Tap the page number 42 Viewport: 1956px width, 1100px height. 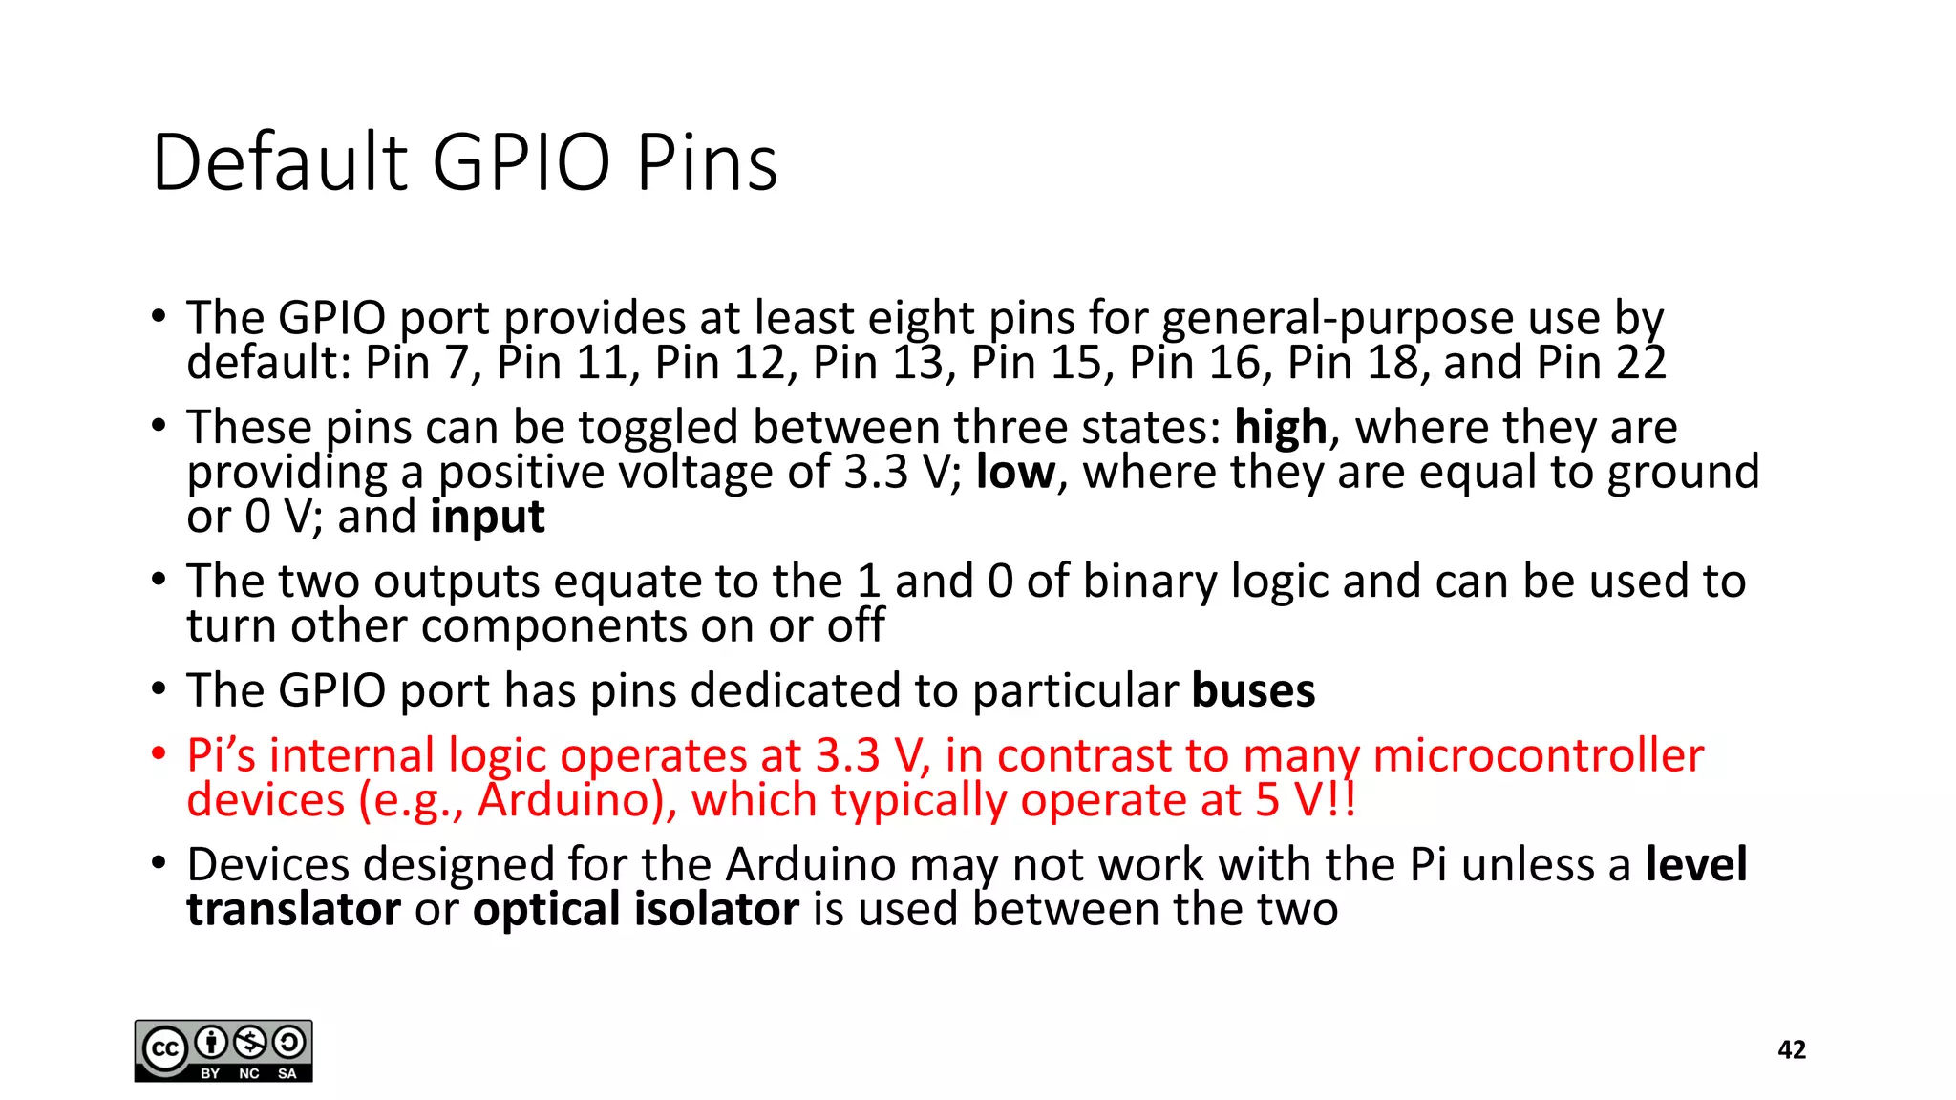point(1792,1050)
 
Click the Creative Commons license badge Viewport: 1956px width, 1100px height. point(223,1050)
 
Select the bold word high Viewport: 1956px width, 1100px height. point(1280,428)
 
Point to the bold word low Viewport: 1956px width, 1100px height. point(1015,473)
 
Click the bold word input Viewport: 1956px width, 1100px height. point(487,518)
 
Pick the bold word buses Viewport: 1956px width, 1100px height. point(1253,690)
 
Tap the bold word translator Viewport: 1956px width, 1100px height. point(293,909)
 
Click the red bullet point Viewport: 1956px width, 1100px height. point(159,754)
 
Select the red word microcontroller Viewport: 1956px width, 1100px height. point(1538,756)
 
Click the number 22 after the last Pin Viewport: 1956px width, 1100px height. point(1641,364)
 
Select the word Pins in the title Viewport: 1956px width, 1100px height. point(707,162)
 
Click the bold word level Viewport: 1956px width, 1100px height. point(1696,865)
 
